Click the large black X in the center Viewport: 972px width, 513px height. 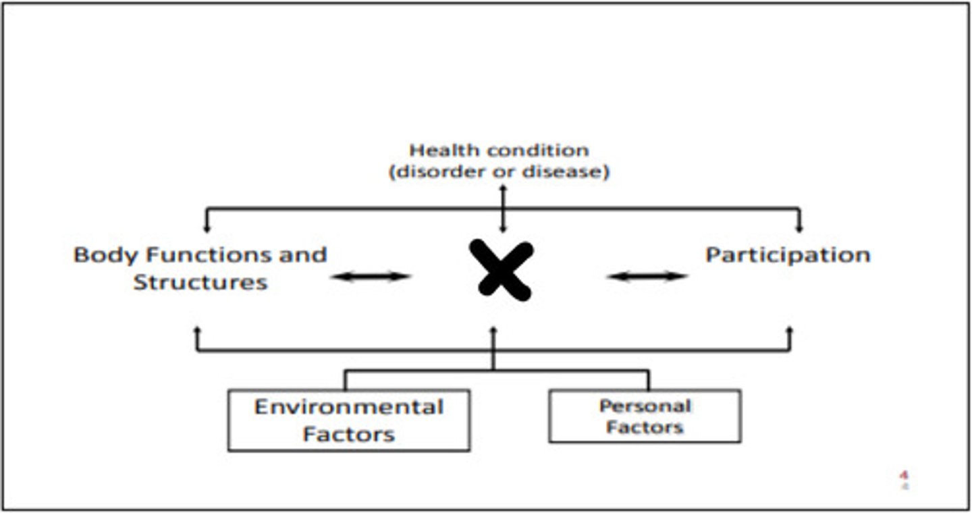pyautogui.click(x=502, y=270)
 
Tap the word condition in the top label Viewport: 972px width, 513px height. pyautogui.click(x=538, y=151)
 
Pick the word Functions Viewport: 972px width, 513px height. pyautogui.click(x=211, y=254)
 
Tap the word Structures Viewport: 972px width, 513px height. pyautogui.click(x=200, y=282)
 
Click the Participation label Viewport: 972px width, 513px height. pyautogui.click(x=788, y=255)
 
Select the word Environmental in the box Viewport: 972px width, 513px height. pyautogui.click(x=349, y=407)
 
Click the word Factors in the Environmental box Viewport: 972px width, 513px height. pyautogui.click(x=349, y=435)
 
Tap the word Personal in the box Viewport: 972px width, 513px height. pyautogui.click(x=645, y=406)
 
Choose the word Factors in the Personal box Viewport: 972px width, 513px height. pyautogui.click(x=645, y=427)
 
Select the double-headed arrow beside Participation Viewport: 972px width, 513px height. pyautogui.click(x=647, y=276)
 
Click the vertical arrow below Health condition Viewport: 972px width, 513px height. pyautogui.click(x=503, y=209)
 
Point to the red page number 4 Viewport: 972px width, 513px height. pyautogui.click(x=905, y=476)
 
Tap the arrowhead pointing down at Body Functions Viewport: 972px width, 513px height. pyautogui.click(x=207, y=228)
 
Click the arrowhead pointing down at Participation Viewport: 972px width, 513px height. pyautogui.click(x=799, y=228)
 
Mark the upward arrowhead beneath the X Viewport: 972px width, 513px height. pyautogui.click(x=493, y=331)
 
